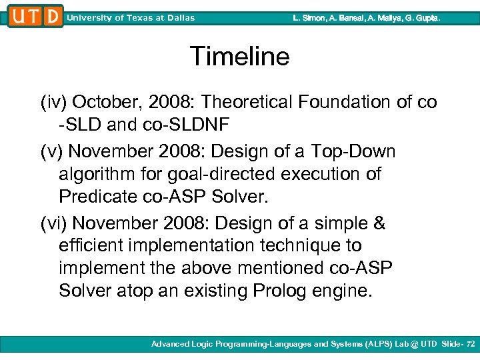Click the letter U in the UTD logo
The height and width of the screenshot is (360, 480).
click(18, 17)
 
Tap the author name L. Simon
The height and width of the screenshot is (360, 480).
click(309, 18)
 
